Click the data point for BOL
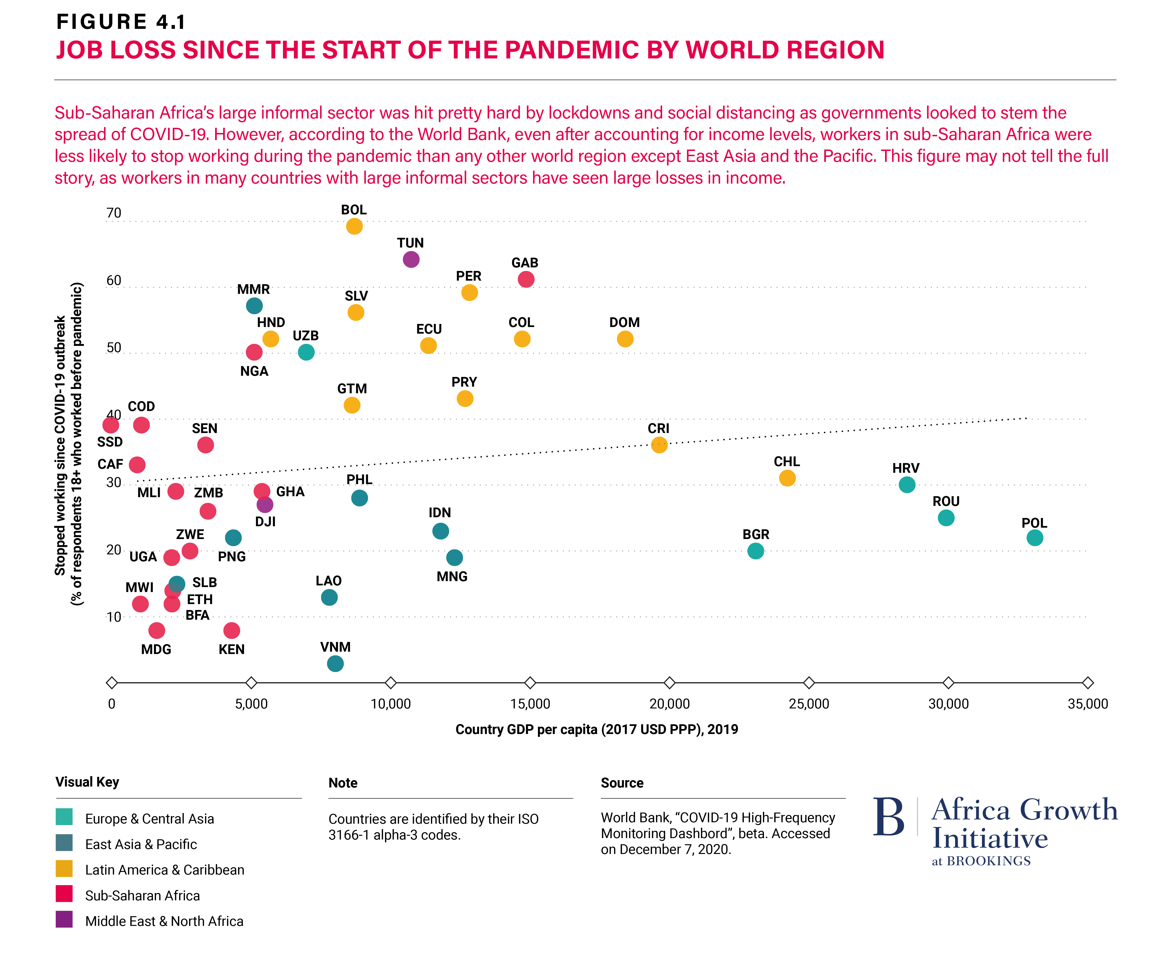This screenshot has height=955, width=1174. click(354, 226)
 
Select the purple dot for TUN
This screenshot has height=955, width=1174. click(411, 259)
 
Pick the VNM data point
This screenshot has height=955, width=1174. click(335, 663)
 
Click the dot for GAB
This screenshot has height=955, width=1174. click(526, 279)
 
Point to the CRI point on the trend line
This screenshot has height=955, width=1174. click(659, 445)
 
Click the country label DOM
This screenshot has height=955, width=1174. click(625, 322)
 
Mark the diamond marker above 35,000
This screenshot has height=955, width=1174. click(1088, 683)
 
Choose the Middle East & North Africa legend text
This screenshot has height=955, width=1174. click(164, 921)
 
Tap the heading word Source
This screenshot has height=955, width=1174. click(622, 783)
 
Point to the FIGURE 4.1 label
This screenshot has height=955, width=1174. click(121, 22)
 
